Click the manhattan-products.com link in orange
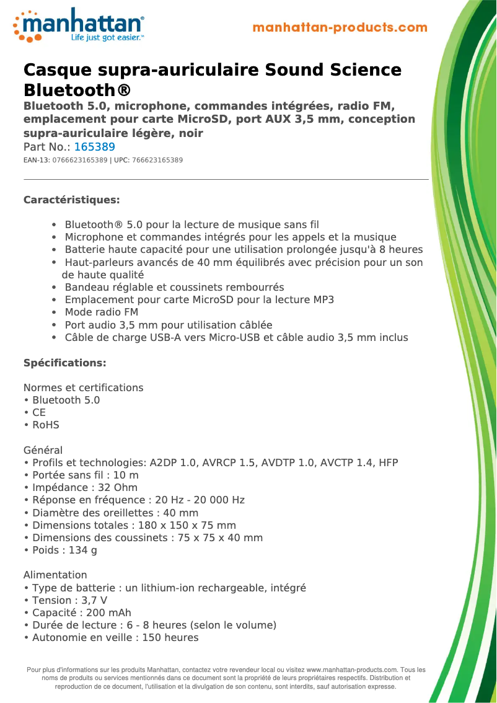click(340, 27)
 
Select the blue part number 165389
click(94, 147)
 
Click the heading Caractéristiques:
click(71, 200)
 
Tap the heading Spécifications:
click(64, 363)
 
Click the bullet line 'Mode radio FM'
click(101, 312)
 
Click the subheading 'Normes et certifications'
click(83, 387)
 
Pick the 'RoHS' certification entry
click(45, 425)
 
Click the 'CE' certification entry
click(38, 413)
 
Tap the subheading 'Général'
click(43, 450)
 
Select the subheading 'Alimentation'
click(55, 575)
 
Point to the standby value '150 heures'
click(170, 637)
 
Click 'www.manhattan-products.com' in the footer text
click(351, 670)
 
